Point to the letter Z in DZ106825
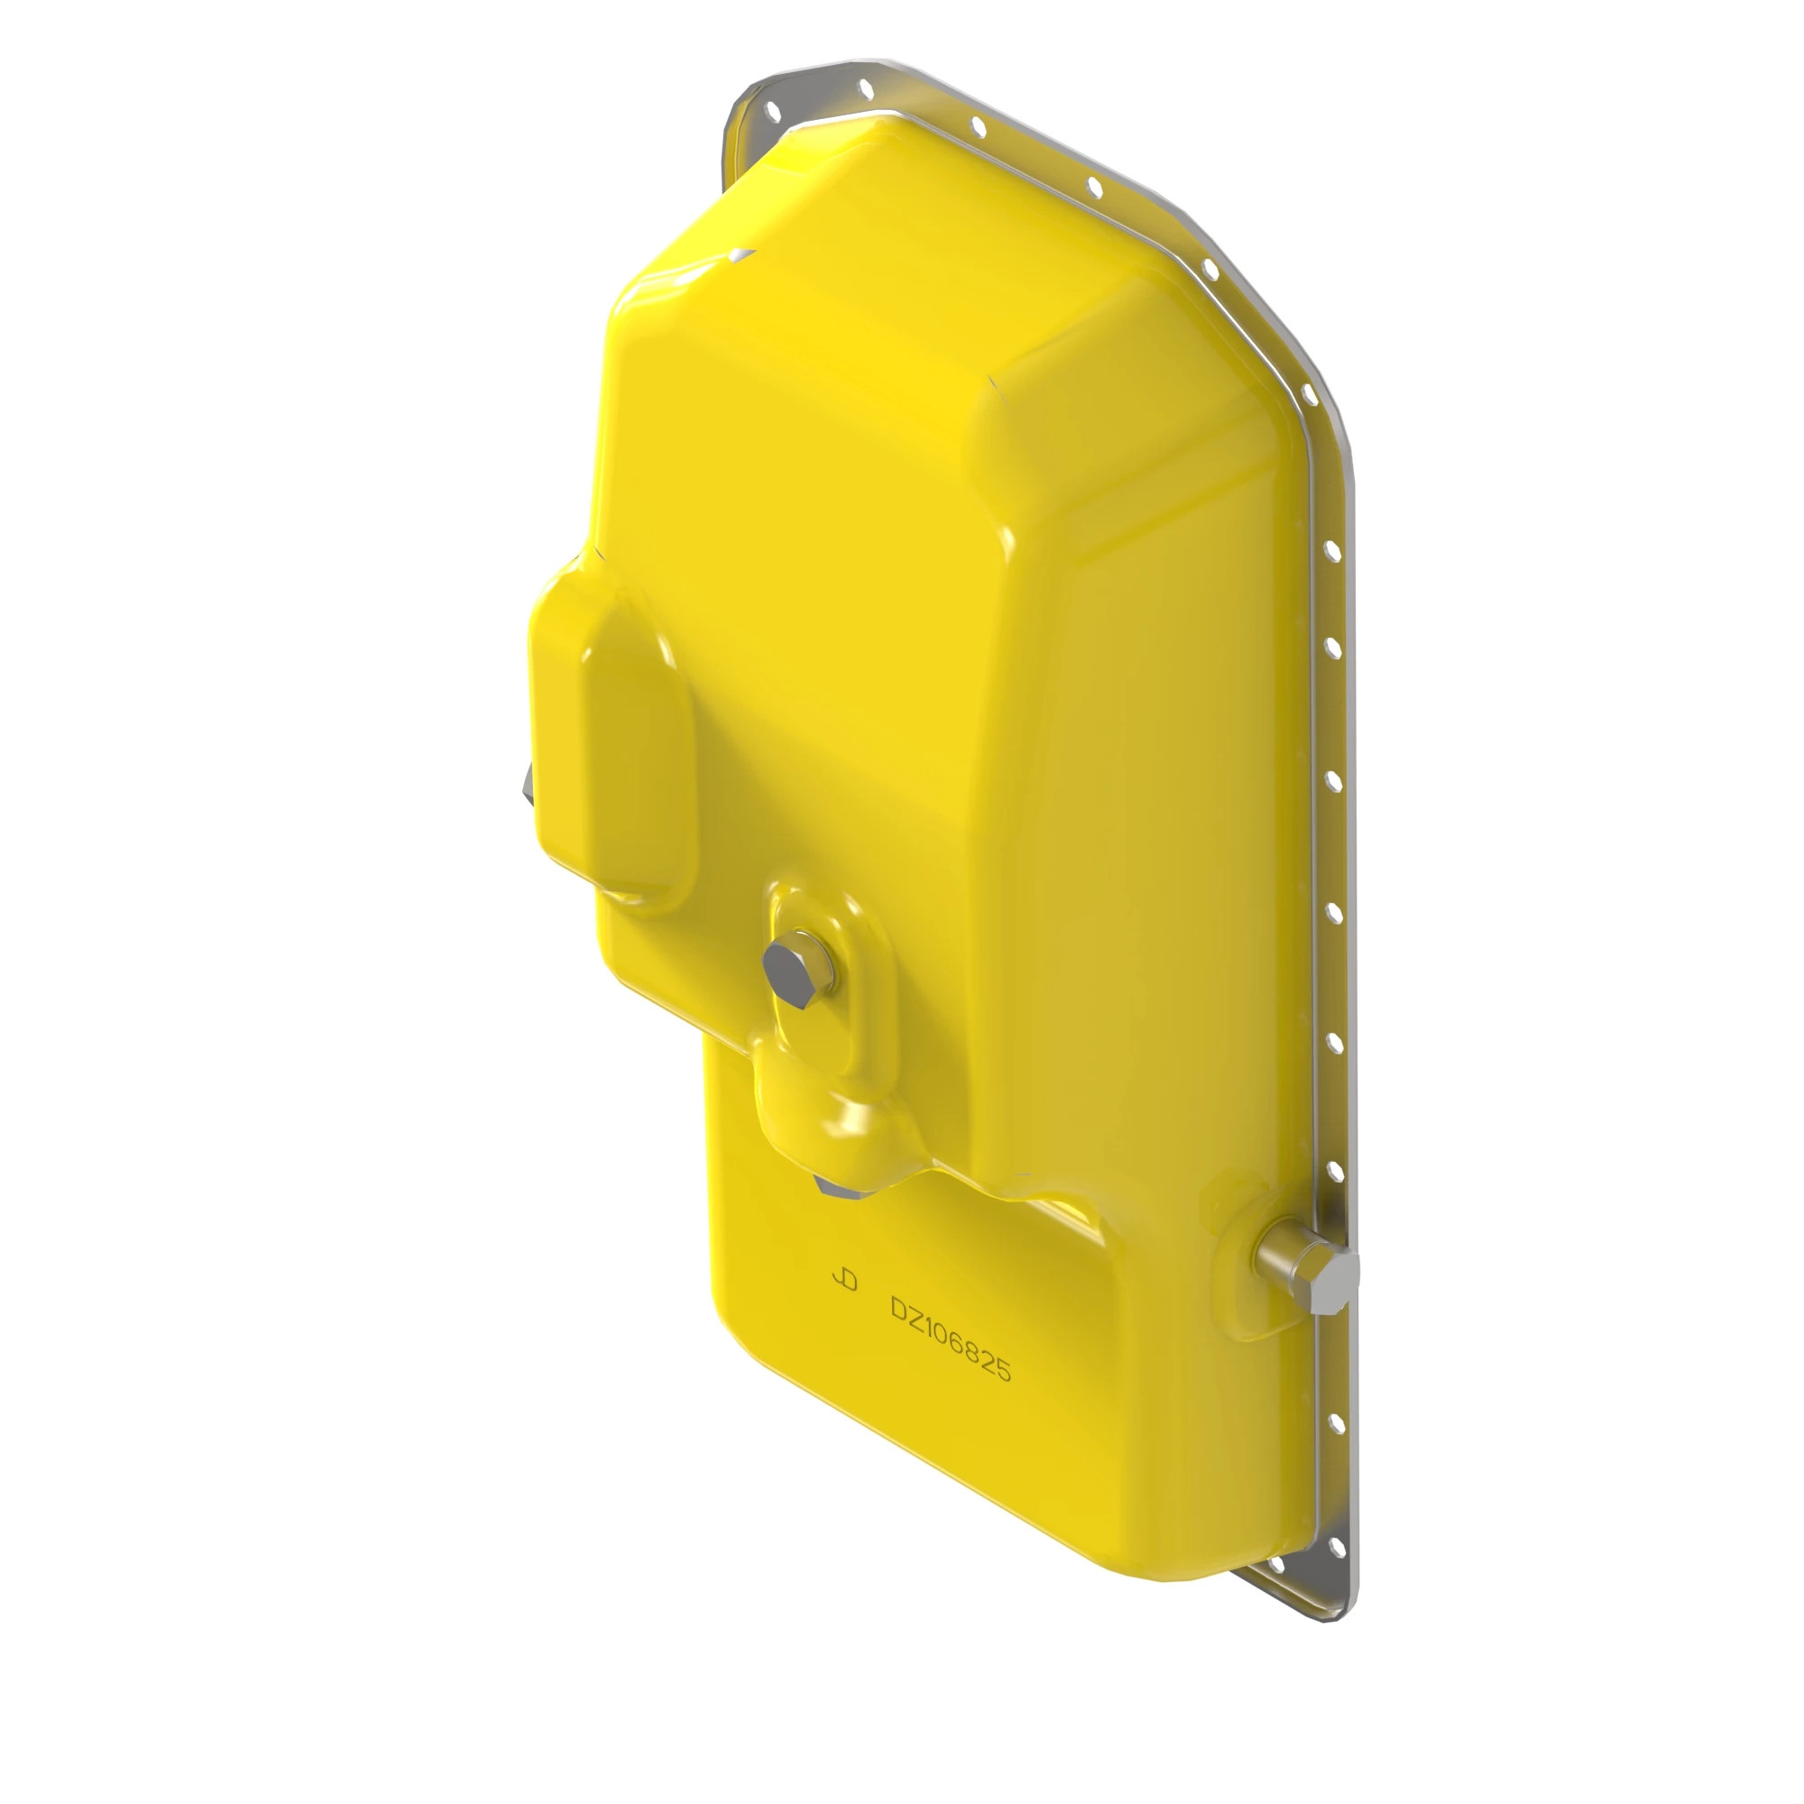pyautogui.click(x=914, y=1318)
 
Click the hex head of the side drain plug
pyautogui.click(x=1334, y=1284)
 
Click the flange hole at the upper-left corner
pyautogui.click(x=772, y=111)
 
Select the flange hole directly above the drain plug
pyautogui.click(x=1334, y=1172)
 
